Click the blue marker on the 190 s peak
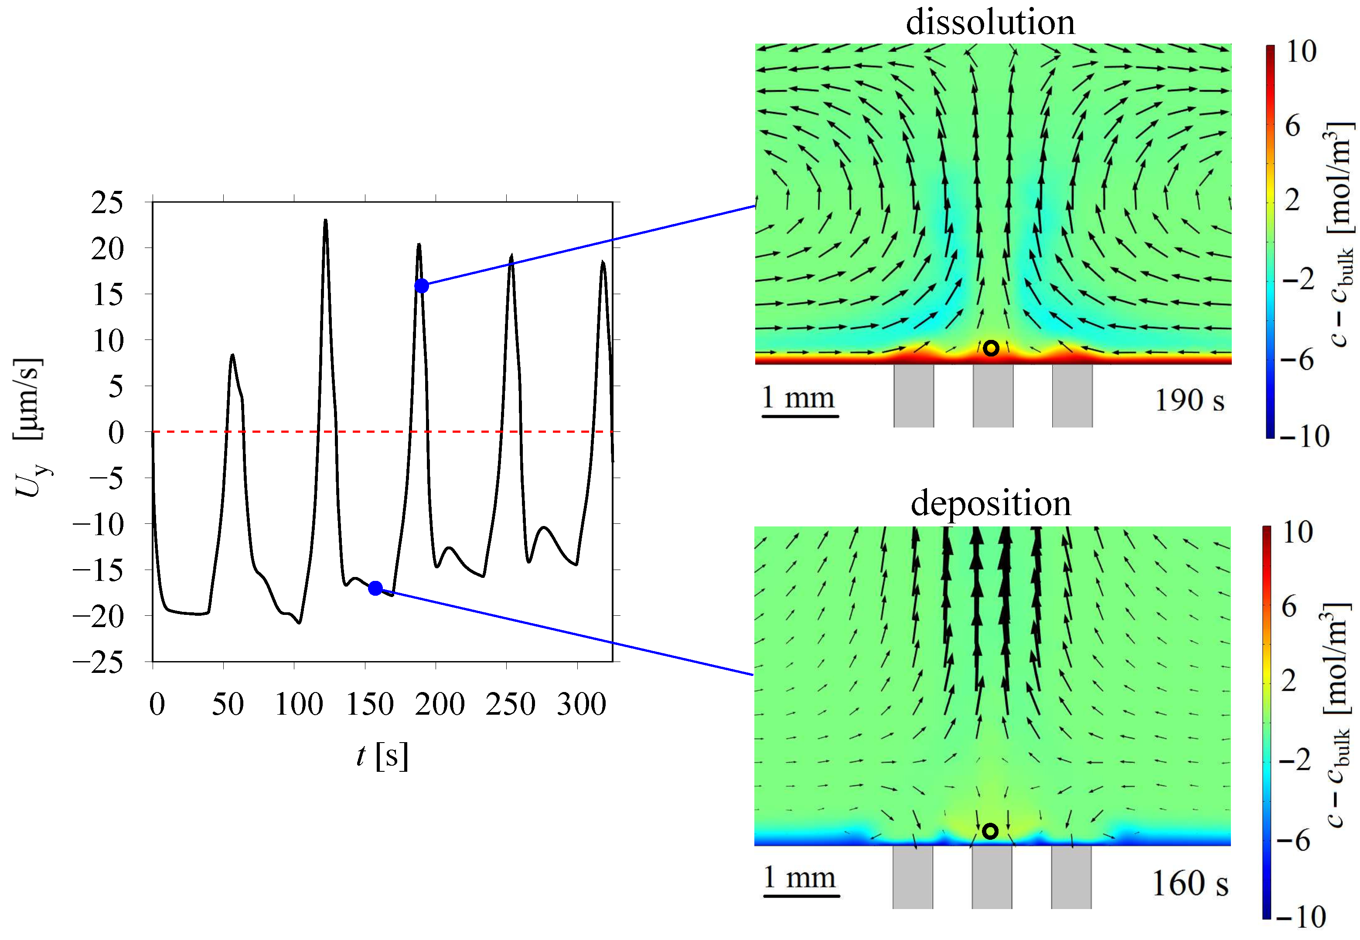click(421, 285)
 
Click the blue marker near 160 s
click(375, 588)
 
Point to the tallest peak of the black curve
click(325, 221)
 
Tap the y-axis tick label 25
click(107, 203)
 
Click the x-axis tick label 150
click(369, 704)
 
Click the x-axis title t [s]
click(382, 755)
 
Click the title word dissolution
click(990, 22)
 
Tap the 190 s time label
click(1189, 400)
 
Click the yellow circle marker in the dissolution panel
click(991, 348)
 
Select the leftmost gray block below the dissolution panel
click(913, 395)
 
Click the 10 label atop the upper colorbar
click(1301, 52)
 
